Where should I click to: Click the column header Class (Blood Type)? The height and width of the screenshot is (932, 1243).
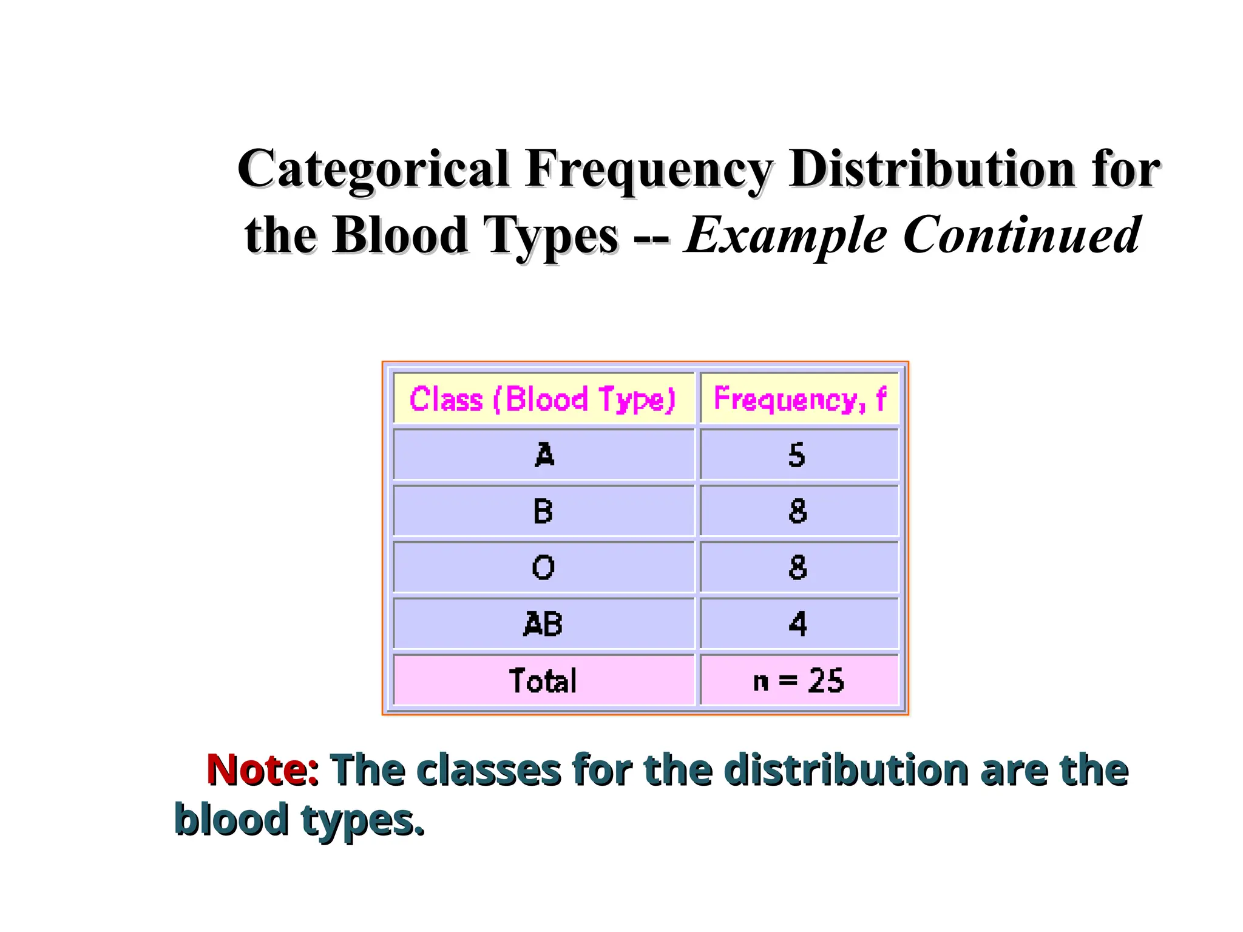coord(543,399)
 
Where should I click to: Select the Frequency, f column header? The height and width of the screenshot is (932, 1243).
coord(799,399)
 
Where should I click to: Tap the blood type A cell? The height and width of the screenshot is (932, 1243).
coord(544,454)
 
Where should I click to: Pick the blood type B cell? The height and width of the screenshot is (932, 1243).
coord(543,511)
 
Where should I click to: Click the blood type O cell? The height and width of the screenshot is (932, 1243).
coord(543,567)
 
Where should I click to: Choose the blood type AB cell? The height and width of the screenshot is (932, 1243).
coord(543,624)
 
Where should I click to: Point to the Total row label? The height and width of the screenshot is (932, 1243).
coord(543,680)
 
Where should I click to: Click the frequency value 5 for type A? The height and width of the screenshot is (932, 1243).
coord(797,454)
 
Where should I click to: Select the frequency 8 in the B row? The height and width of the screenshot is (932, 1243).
coord(798,511)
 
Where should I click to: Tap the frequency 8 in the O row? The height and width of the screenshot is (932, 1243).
coord(798,567)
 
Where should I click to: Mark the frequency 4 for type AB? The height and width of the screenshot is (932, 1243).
coord(798,624)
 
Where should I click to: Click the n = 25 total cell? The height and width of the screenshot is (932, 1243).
coord(798,680)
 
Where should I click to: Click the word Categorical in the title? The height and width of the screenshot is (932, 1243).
coord(373,170)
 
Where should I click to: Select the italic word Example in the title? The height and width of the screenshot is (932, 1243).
coord(785,237)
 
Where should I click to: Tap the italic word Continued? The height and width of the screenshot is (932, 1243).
coord(1021,235)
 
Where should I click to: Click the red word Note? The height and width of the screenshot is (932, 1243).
coord(257,769)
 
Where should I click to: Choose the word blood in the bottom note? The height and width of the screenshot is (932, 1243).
coord(231,819)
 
